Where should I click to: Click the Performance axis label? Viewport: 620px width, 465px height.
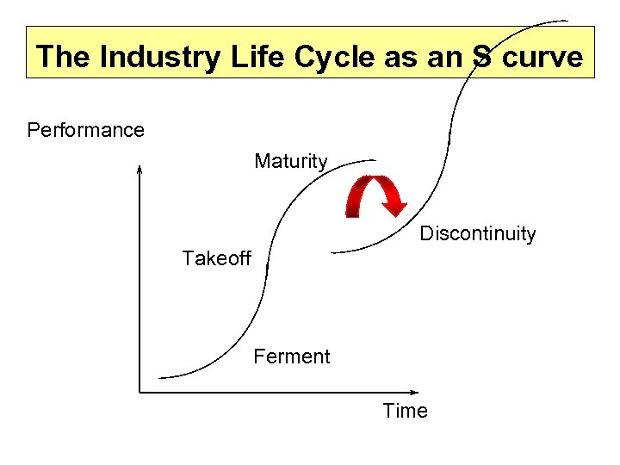[x=86, y=130]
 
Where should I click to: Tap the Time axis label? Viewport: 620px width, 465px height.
[x=405, y=411]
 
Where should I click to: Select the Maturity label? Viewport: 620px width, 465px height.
[x=291, y=161]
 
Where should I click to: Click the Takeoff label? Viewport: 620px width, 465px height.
[x=216, y=258]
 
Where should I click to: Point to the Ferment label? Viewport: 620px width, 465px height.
[x=291, y=356]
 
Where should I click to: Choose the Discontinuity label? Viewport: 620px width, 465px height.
[x=477, y=233]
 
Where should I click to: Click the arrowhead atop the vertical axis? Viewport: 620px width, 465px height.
[x=139, y=168]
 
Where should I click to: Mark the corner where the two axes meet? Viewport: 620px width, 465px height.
[x=139, y=392]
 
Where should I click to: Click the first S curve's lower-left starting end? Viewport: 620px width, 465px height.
[x=161, y=377]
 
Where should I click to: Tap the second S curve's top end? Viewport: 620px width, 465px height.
[x=566, y=20]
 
